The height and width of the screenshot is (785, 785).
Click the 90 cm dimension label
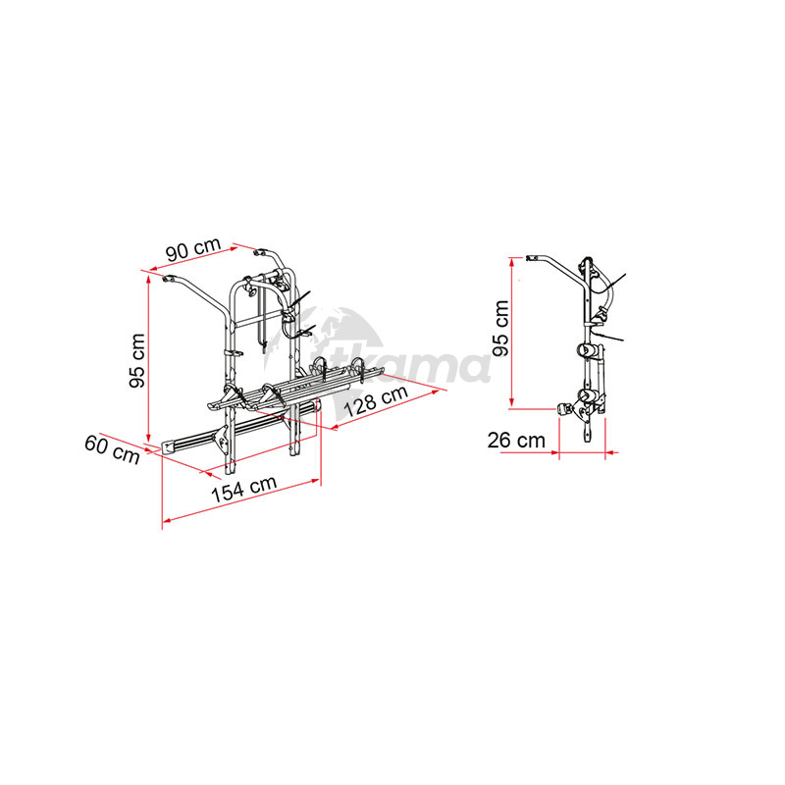tap(193, 248)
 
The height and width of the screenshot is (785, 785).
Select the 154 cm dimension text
tap(243, 488)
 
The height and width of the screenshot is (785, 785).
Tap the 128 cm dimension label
tap(376, 401)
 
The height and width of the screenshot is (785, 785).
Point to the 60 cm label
tap(112, 449)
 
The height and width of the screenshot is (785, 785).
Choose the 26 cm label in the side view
tap(516, 441)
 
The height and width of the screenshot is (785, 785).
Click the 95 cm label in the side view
tap(500, 328)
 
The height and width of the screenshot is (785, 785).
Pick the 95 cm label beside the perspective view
tap(136, 360)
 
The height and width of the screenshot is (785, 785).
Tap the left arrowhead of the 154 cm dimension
tap(167, 520)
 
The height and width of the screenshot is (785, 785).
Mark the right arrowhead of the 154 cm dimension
tap(315, 481)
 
